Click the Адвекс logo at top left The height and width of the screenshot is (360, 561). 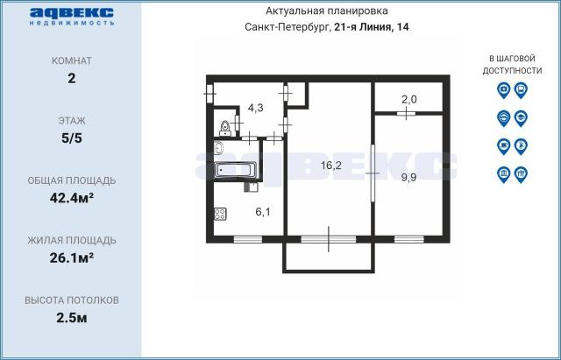point(72,17)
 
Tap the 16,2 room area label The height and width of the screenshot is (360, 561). point(331,166)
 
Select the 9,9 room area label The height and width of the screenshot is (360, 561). point(408,177)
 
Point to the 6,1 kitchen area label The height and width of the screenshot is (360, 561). point(263,212)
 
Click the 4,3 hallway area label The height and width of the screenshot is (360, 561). point(256,107)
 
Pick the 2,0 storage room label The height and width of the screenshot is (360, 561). point(409,99)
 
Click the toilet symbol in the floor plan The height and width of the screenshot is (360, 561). point(225,129)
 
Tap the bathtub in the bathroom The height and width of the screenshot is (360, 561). point(236,169)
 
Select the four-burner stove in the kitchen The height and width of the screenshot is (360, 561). point(220,214)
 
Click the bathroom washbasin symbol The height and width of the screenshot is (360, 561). point(218,148)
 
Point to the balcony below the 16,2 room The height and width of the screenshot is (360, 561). point(329,258)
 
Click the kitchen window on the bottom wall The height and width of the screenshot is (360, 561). point(248,239)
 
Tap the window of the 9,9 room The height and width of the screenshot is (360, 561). point(409,239)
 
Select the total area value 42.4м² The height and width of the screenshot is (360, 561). point(72,198)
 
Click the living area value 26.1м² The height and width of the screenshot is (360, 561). point(72,258)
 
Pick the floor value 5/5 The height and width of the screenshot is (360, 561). point(72,138)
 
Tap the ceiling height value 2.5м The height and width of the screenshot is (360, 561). point(72,317)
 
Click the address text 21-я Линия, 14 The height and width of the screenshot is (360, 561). point(372,27)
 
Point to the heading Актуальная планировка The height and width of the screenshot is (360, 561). point(327,11)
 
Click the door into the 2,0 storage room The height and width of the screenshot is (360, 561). point(406,114)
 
